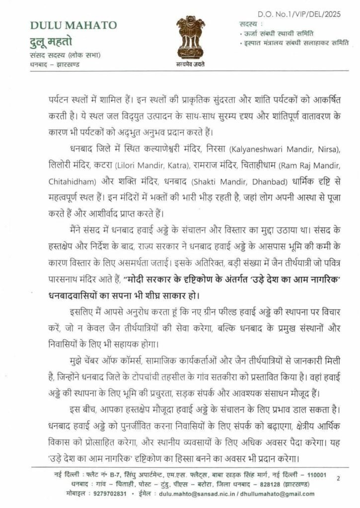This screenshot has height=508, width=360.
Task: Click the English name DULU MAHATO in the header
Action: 73,25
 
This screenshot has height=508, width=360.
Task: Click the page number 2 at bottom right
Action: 338,478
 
